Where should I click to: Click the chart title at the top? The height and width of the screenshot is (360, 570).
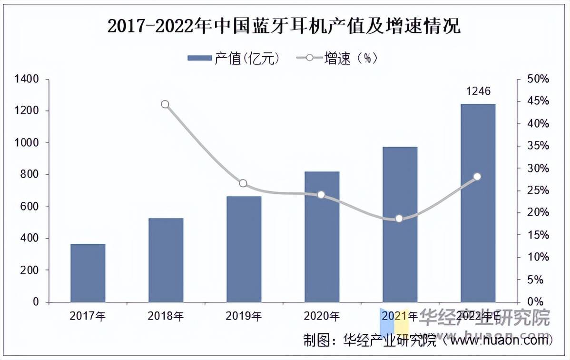pyautogui.click(x=284, y=26)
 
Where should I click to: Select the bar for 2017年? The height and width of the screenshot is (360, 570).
pyautogui.click(x=88, y=273)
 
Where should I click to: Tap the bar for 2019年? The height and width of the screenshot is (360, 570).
pyautogui.click(x=244, y=249)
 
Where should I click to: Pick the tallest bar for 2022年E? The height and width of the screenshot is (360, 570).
pyautogui.click(x=478, y=203)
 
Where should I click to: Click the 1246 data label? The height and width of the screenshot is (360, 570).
pyautogui.click(x=478, y=91)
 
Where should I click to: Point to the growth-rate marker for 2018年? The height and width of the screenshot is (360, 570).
pyautogui.click(x=165, y=104)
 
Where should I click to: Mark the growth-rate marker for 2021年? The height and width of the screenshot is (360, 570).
pyautogui.click(x=399, y=219)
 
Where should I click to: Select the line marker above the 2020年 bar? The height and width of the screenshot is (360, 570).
pyautogui.click(x=321, y=195)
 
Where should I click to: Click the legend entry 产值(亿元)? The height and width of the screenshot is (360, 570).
pyautogui.click(x=233, y=58)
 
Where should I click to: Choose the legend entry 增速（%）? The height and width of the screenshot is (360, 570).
pyautogui.click(x=338, y=58)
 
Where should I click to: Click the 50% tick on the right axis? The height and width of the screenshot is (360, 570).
pyautogui.click(x=538, y=79)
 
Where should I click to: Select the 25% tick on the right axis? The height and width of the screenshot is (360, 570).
pyautogui.click(x=538, y=190)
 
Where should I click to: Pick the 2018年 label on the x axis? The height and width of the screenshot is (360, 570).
pyautogui.click(x=165, y=316)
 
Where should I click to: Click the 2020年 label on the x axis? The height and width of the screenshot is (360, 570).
pyautogui.click(x=322, y=316)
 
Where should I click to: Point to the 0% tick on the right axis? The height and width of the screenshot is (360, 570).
pyautogui.click(x=535, y=302)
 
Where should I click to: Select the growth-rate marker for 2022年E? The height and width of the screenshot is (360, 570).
pyautogui.click(x=477, y=177)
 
